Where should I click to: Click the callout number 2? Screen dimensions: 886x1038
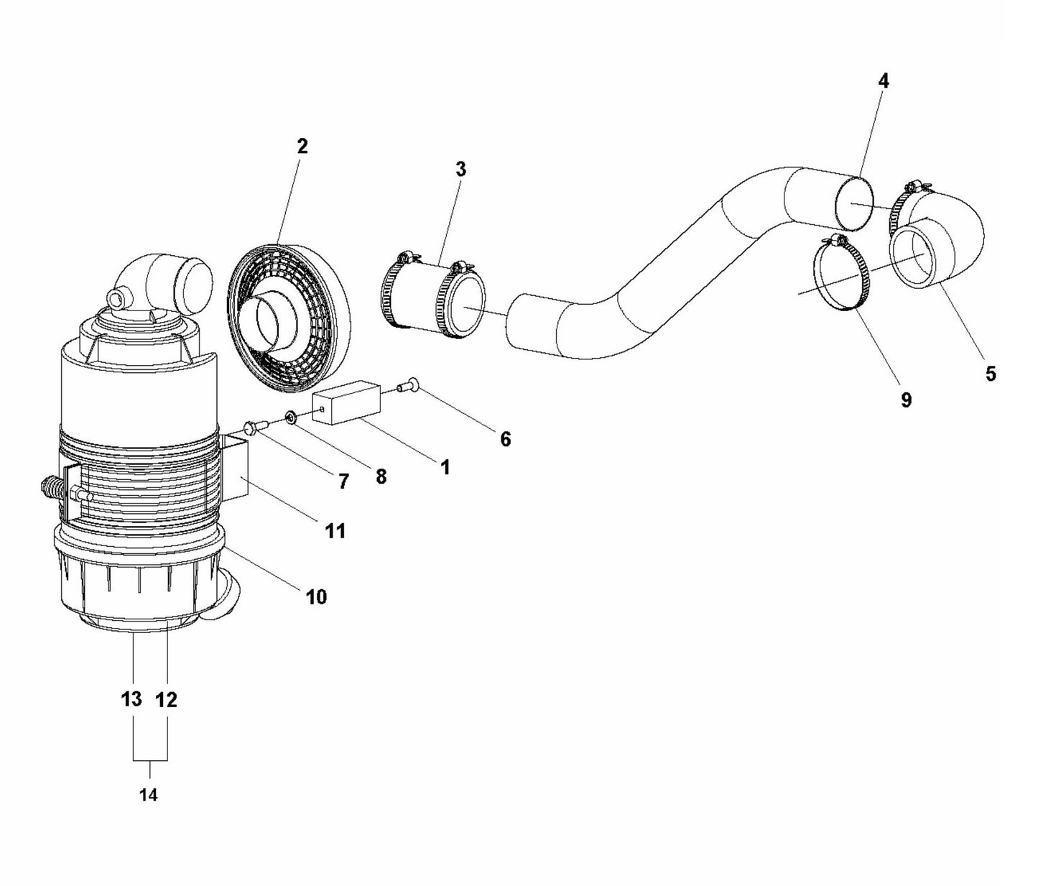click(x=302, y=146)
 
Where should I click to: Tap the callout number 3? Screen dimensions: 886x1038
click(x=460, y=170)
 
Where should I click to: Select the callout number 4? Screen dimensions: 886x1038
click(x=884, y=81)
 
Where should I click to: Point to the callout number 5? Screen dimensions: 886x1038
click(x=991, y=374)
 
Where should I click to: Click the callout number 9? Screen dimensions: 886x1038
click(x=906, y=400)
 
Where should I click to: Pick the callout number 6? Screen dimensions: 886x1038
click(x=505, y=439)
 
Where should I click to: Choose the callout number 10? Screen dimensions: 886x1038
click(x=316, y=596)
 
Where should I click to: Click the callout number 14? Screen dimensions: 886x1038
click(x=149, y=795)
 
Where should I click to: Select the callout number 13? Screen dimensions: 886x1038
click(x=131, y=699)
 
